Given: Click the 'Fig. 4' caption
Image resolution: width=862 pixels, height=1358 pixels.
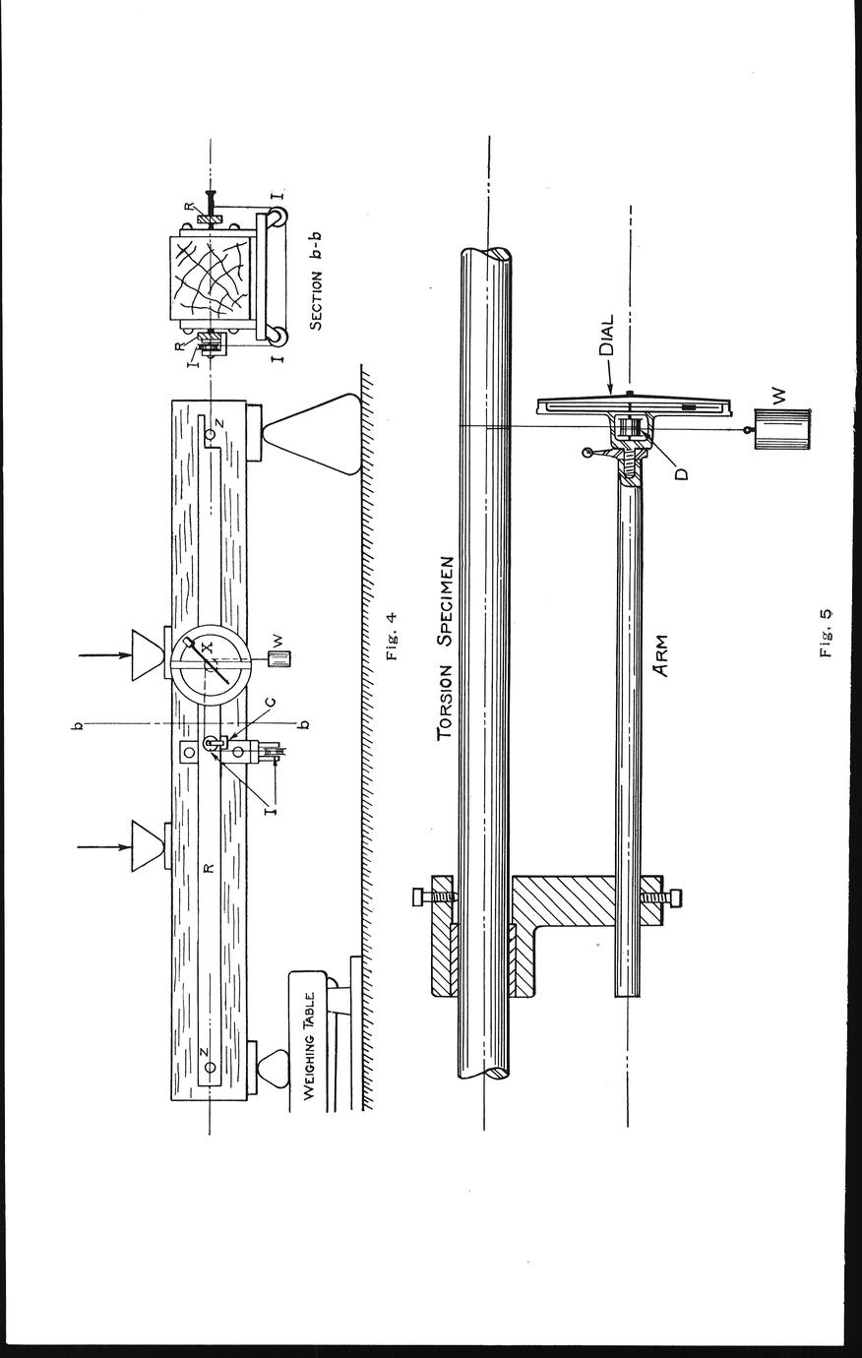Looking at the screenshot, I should coord(392,637).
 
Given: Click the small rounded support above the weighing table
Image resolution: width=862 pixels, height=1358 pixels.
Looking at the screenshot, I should coord(275,1068).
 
